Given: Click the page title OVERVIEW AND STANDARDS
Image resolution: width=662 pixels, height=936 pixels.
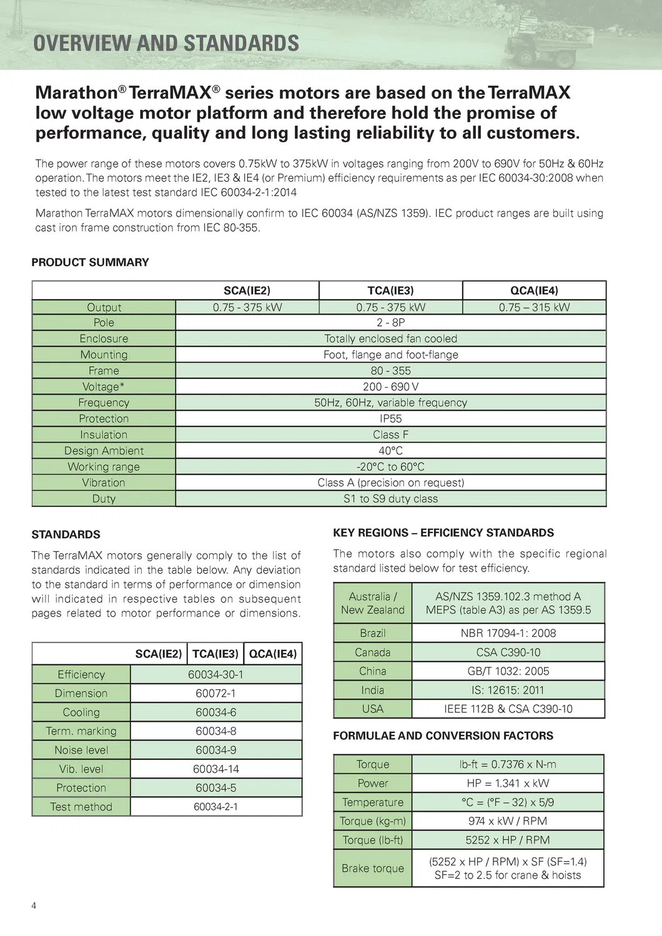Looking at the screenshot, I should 166,43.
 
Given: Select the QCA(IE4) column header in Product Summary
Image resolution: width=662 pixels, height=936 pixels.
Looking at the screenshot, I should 534,290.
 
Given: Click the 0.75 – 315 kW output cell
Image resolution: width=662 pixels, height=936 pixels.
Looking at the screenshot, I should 534,307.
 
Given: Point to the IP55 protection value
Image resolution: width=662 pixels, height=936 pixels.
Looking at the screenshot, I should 390,419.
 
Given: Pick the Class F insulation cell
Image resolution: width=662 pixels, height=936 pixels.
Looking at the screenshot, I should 390,435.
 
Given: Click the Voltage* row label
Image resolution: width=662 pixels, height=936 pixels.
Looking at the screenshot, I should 104,387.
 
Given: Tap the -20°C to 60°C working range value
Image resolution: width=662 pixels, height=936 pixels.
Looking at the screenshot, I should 390,467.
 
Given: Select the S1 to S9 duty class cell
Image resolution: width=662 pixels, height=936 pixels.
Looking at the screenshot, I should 390,499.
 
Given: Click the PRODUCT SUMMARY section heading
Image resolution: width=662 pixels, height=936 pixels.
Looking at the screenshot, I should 90,262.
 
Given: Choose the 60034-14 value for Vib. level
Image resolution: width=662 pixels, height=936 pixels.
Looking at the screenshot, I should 215,769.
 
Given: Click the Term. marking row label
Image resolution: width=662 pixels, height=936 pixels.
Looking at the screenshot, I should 81,731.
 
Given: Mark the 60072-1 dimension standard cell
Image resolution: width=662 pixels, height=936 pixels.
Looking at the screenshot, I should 215,693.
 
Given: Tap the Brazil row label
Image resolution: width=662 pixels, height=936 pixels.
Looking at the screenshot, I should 373,633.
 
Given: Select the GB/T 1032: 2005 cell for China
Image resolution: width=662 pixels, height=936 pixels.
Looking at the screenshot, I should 508,671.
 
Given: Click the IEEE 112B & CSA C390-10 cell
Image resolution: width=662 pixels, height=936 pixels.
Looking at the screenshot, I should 508,709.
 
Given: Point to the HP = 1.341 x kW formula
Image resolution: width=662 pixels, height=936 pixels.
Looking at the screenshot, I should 508,784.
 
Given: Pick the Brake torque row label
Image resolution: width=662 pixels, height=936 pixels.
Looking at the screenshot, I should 373,868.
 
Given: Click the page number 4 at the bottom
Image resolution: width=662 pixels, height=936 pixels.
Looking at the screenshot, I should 34,906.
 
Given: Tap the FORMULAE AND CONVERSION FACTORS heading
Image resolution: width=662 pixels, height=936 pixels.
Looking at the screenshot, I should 443,736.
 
